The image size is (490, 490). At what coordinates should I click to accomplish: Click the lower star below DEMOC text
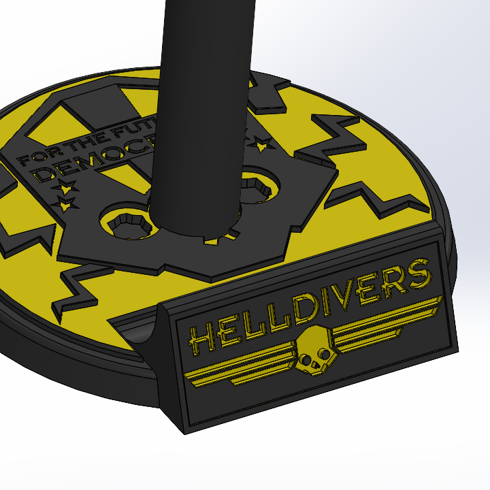click(65, 204)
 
